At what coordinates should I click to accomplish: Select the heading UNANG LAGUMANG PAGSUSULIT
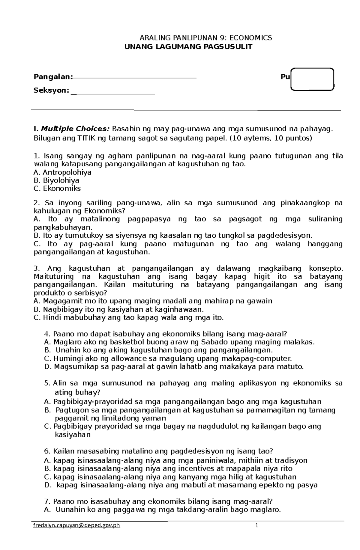pos(188,46)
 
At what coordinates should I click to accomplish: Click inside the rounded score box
pos(313,79)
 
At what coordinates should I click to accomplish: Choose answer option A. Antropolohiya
pos(63,172)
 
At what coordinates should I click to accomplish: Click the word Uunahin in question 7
pos(70,510)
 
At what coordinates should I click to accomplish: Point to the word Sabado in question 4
pos(212,342)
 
